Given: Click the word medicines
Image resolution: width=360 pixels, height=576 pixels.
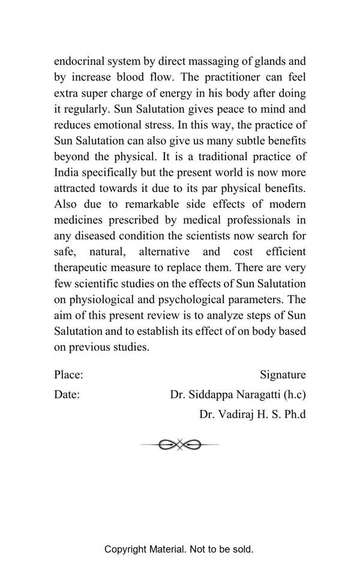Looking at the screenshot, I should [x=79, y=220].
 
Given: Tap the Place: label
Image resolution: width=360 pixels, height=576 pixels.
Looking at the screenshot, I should [x=68, y=375].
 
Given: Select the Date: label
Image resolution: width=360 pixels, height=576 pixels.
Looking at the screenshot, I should [x=67, y=395].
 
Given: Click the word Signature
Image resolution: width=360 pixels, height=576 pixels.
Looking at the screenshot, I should [x=283, y=375].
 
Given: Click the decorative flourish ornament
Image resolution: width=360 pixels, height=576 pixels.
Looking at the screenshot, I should [x=179, y=445].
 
